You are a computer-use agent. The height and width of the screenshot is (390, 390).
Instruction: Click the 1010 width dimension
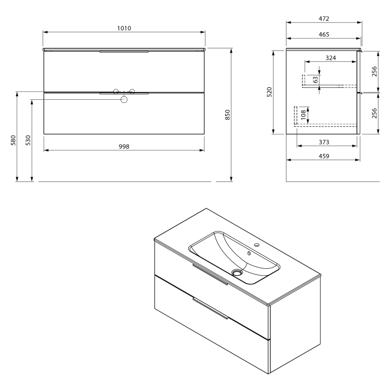coord(124,28)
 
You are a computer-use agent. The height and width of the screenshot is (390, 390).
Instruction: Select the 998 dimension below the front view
coord(124,146)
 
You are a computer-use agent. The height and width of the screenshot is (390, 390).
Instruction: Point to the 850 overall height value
coord(227,115)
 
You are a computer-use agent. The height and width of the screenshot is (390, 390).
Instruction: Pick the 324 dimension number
coord(330,58)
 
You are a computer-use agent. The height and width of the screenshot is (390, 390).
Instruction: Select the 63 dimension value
coord(315,80)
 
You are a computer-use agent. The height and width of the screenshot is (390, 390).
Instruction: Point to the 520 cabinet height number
coord(269,92)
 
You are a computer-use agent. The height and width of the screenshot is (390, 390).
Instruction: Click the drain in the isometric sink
coord(238,272)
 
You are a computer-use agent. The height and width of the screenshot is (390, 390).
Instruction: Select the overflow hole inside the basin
coord(250,254)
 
